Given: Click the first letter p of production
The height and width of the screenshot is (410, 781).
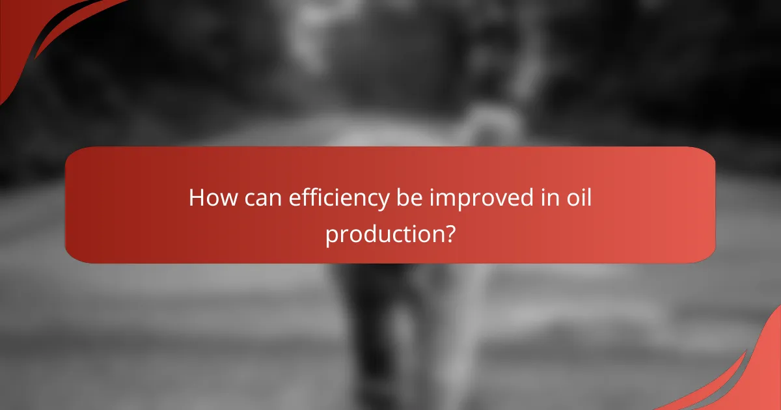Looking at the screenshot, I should [332, 236].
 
